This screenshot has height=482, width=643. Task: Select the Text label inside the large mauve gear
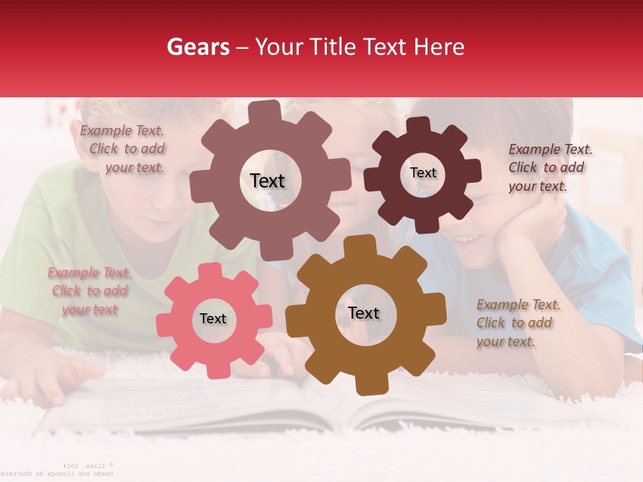[x=267, y=181]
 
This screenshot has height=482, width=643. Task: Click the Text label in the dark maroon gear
[x=423, y=173]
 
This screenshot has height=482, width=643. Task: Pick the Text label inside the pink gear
[x=213, y=319]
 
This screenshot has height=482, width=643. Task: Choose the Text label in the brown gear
[x=364, y=313]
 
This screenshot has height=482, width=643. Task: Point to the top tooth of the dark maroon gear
[x=419, y=125]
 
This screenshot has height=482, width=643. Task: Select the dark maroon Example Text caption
[x=549, y=167]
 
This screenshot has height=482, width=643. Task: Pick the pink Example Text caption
[x=89, y=291]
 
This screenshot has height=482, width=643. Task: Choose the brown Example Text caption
[x=517, y=323]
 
